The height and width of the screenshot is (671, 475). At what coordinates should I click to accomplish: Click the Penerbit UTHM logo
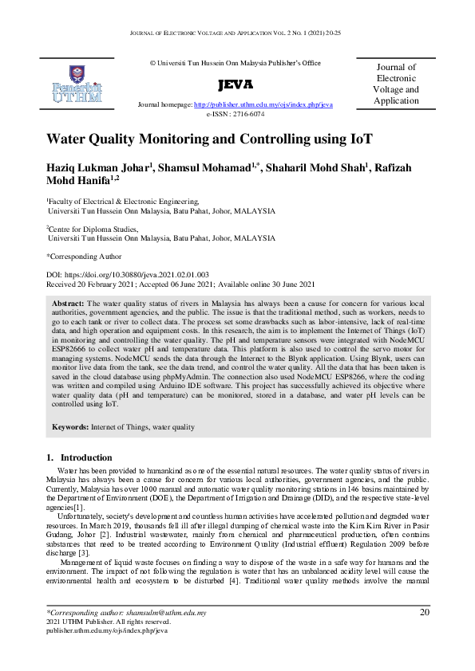(x=77, y=84)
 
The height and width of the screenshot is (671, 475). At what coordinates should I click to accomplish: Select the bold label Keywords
(x=70, y=427)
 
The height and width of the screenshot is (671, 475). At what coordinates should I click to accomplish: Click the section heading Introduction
(x=86, y=457)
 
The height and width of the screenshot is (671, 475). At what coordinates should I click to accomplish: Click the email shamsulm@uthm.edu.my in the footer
(x=159, y=613)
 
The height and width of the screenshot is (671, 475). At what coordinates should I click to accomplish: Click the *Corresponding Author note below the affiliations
(x=84, y=257)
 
